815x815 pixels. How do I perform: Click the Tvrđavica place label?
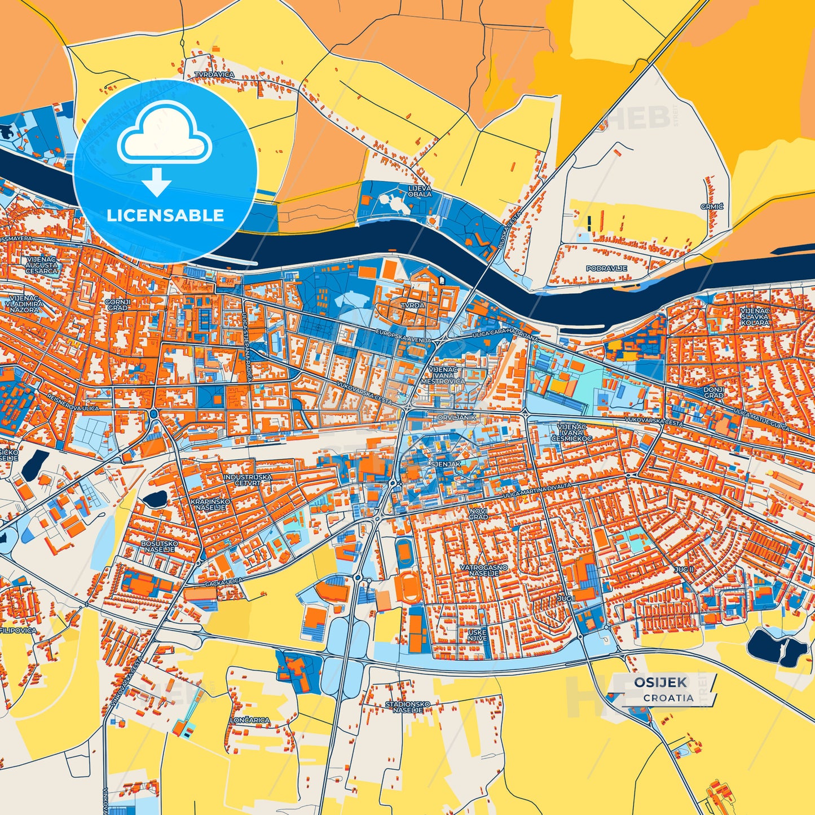coord(214,74)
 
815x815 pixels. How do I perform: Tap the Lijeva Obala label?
coord(420,191)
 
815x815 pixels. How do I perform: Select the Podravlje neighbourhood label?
coord(607,268)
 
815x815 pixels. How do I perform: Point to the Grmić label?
coord(712,207)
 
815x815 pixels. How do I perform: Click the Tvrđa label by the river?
coord(413,305)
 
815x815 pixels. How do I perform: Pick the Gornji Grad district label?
coord(118,305)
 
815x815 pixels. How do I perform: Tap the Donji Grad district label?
coord(713,393)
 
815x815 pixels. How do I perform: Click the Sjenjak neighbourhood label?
coord(446,464)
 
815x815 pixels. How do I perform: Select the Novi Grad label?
coord(478,513)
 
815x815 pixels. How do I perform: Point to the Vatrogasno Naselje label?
coord(483,570)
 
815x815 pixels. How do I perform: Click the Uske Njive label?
coord(477,636)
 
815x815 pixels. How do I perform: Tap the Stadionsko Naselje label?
coord(408,707)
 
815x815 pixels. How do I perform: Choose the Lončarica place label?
coord(249,720)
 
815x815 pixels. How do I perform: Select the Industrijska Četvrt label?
coord(248,479)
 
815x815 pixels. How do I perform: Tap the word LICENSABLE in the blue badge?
coord(165,215)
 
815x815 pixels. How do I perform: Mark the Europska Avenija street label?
coord(403,336)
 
